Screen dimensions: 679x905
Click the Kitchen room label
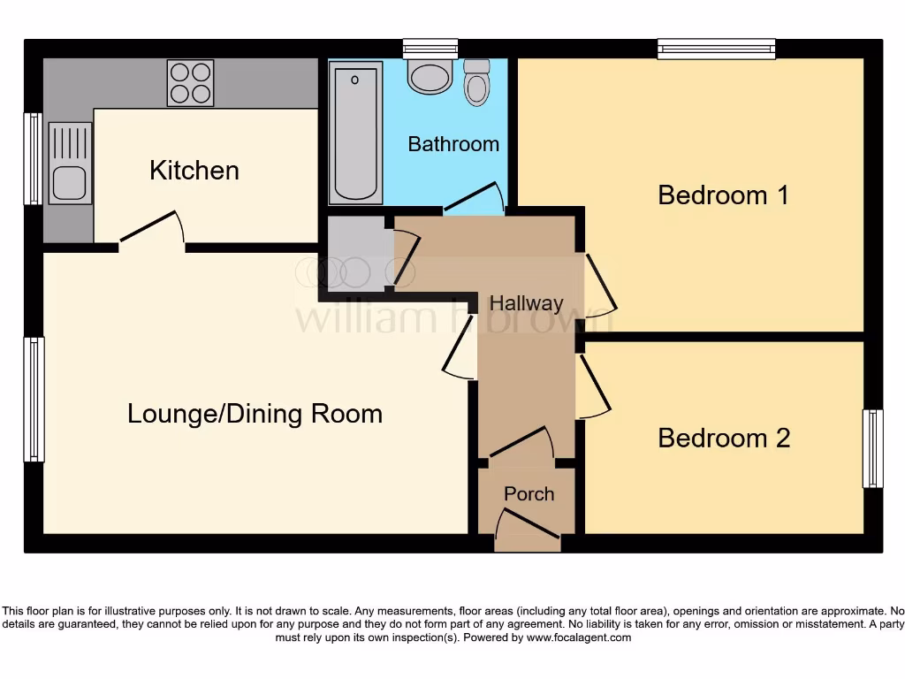tap(194, 170)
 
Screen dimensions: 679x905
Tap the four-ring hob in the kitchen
tap(190, 83)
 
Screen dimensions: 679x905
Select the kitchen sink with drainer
tap(70, 163)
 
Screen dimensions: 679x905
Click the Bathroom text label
tap(453, 143)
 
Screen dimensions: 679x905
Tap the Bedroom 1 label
tap(723, 195)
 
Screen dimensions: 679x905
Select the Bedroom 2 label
tap(724, 438)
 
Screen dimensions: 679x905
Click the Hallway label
tap(526, 303)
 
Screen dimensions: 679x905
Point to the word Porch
tap(529, 493)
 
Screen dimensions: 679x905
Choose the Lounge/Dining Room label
tap(255, 413)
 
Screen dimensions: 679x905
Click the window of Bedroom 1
tap(716, 49)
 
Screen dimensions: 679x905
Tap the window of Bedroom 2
tap(872, 448)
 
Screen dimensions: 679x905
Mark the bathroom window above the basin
tap(430, 48)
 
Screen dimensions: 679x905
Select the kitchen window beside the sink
tap(33, 159)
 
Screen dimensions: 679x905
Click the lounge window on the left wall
tap(34, 399)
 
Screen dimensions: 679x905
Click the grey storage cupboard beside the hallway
tap(357, 253)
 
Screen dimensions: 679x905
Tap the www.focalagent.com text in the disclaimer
tap(578, 637)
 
